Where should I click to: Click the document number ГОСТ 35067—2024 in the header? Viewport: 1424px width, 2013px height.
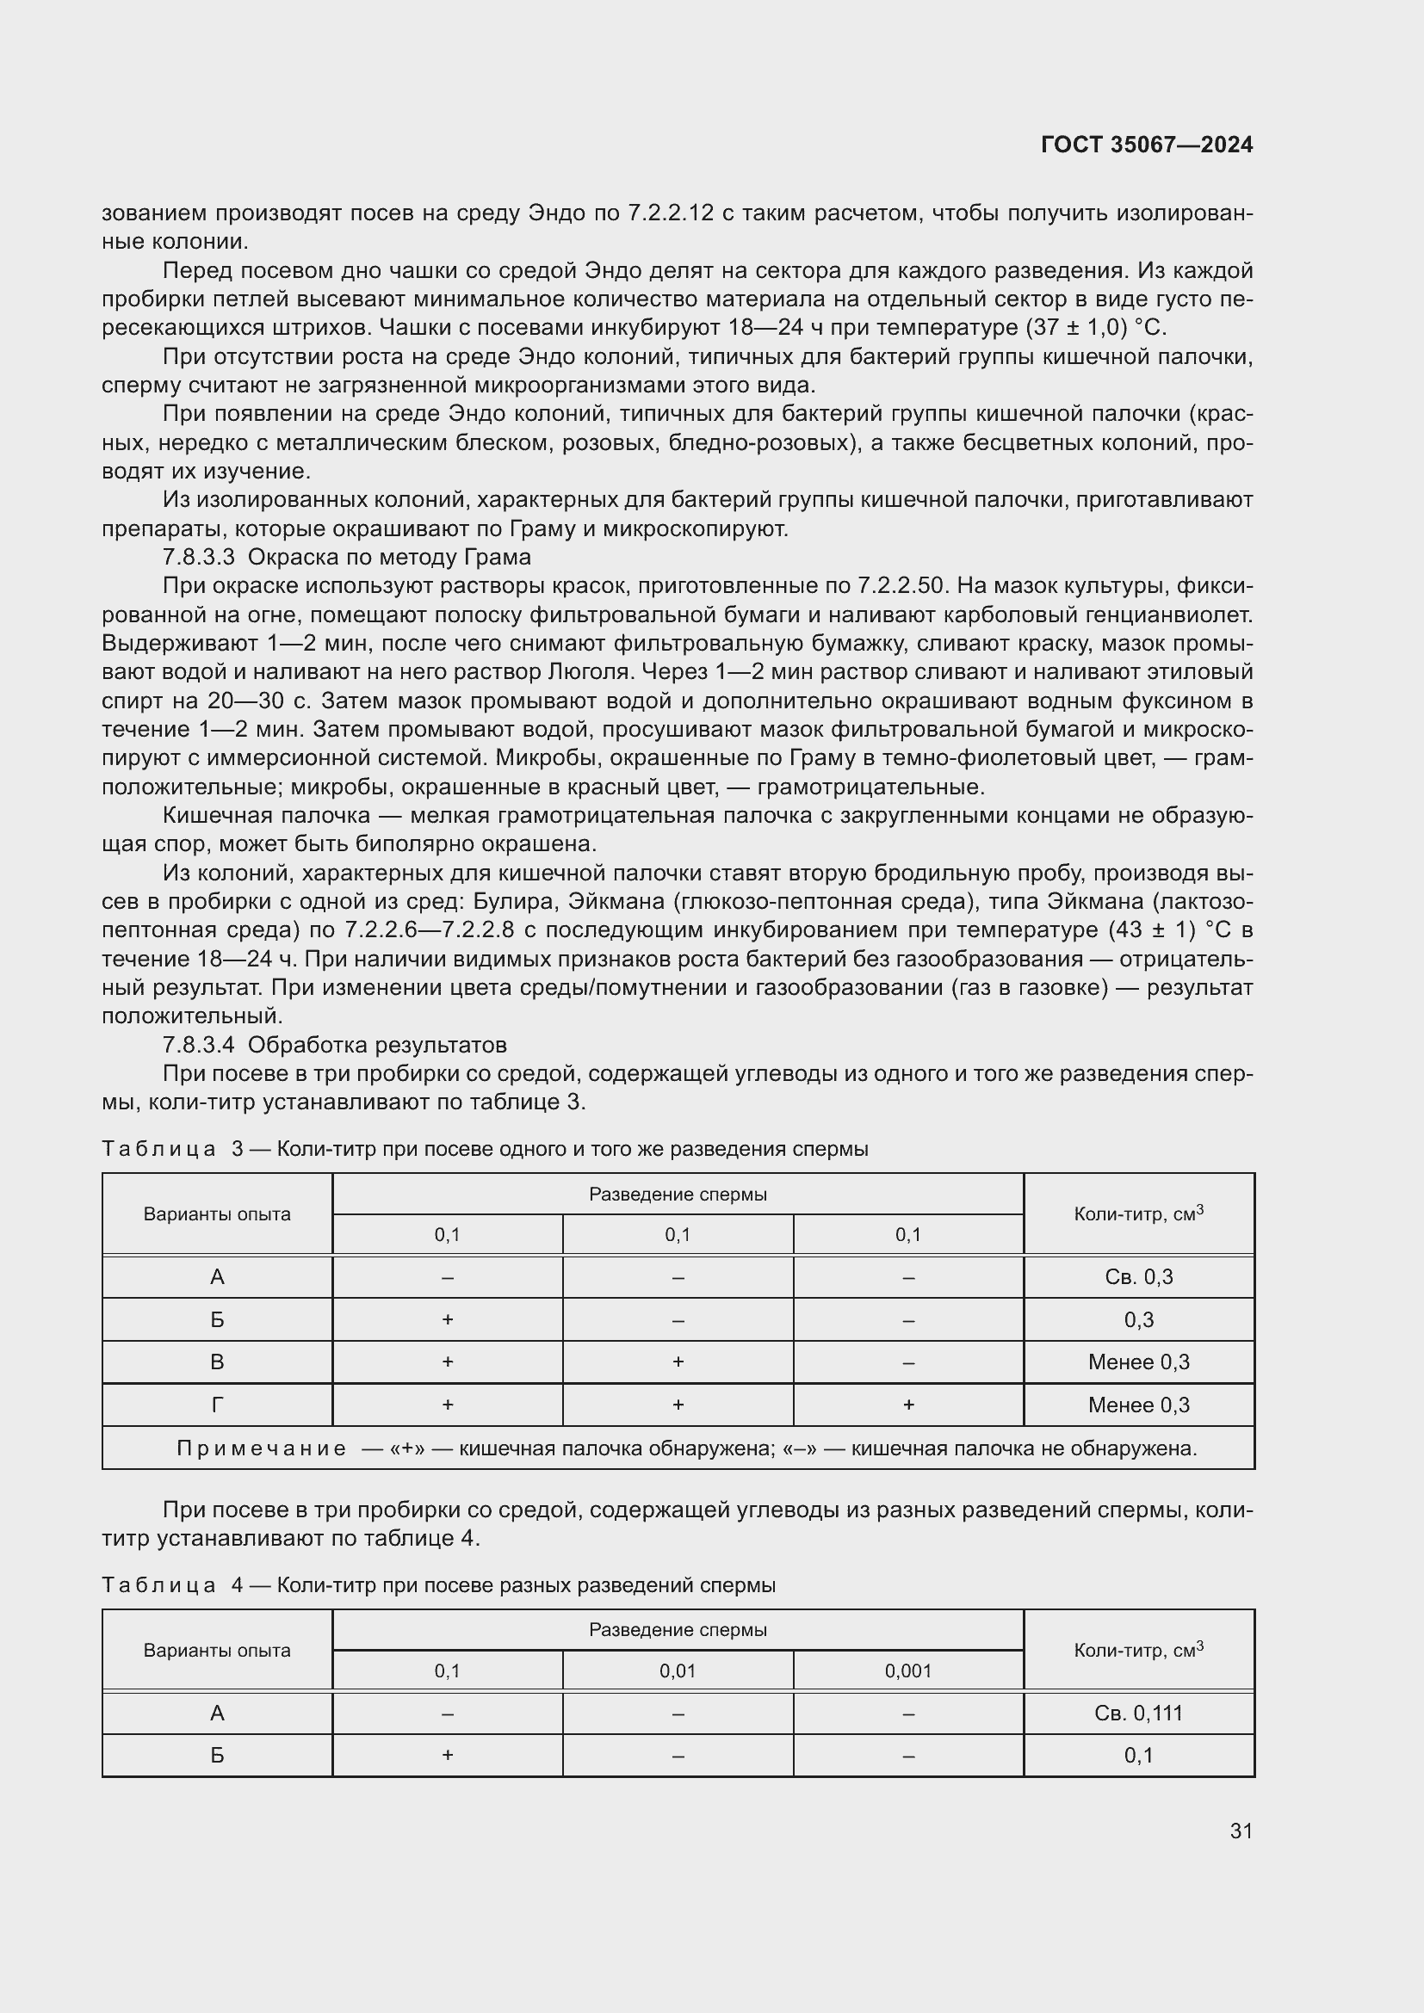coord(1146,145)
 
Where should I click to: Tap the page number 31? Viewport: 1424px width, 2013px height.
coord(1241,1831)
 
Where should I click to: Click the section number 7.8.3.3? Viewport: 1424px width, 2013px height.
coord(198,557)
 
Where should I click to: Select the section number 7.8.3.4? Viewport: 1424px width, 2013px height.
coord(198,1044)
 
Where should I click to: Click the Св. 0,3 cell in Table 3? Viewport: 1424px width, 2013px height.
coord(1138,1276)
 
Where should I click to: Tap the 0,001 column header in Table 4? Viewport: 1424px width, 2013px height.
coord(907,1670)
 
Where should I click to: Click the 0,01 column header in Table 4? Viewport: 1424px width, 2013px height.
coord(677,1670)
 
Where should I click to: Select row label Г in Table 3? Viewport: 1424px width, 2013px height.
coord(217,1405)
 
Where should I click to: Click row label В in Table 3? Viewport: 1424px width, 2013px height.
coord(217,1362)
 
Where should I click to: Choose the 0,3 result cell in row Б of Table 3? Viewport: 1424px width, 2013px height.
coord(1138,1319)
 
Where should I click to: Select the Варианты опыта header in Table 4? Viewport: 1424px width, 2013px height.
coord(217,1650)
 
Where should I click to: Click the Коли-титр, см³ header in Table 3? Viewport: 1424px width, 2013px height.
coord(1138,1213)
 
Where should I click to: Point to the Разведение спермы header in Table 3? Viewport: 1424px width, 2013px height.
coord(677,1195)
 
